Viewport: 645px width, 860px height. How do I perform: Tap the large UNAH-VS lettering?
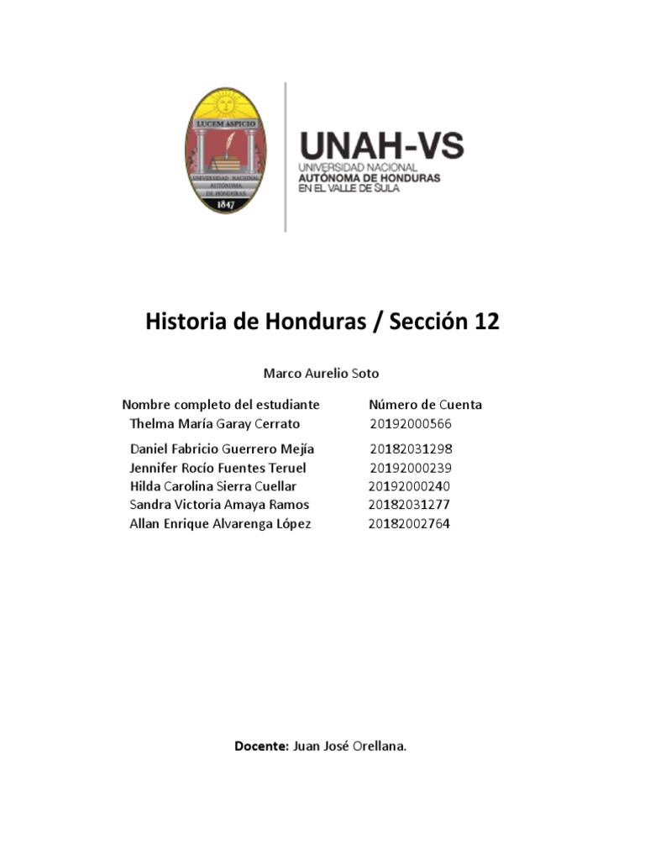pyautogui.click(x=381, y=146)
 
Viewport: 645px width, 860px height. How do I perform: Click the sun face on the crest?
pyautogui.click(x=224, y=105)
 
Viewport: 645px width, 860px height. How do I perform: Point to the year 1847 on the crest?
pyautogui.click(x=224, y=205)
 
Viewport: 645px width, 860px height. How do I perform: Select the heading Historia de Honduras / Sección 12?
pyautogui.click(x=322, y=322)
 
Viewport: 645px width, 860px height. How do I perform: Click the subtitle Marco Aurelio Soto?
pyautogui.click(x=321, y=373)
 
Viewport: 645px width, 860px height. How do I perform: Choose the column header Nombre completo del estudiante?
pyautogui.click(x=221, y=405)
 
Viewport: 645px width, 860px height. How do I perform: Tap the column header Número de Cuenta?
pyautogui.click(x=425, y=405)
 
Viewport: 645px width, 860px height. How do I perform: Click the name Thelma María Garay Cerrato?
pyautogui.click(x=215, y=424)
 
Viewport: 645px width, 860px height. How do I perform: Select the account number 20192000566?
pyautogui.click(x=411, y=424)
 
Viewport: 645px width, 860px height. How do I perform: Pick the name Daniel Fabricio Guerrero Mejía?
pyautogui.click(x=222, y=449)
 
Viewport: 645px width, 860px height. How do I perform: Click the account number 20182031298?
pyautogui.click(x=411, y=449)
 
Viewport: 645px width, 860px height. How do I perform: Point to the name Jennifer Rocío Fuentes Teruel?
pyautogui.click(x=218, y=468)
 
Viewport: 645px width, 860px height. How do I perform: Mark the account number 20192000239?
pyautogui.click(x=411, y=468)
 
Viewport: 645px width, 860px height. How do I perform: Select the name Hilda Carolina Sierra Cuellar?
pyautogui.click(x=213, y=486)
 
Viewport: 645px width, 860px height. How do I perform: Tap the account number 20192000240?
pyautogui.click(x=410, y=486)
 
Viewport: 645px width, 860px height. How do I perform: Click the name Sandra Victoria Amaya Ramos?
pyautogui.click(x=219, y=505)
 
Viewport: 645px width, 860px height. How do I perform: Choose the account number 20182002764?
pyautogui.click(x=409, y=524)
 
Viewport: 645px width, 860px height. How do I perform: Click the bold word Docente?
pyautogui.click(x=262, y=746)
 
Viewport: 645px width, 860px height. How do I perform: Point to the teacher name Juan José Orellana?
pyautogui.click(x=350, y=746)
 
